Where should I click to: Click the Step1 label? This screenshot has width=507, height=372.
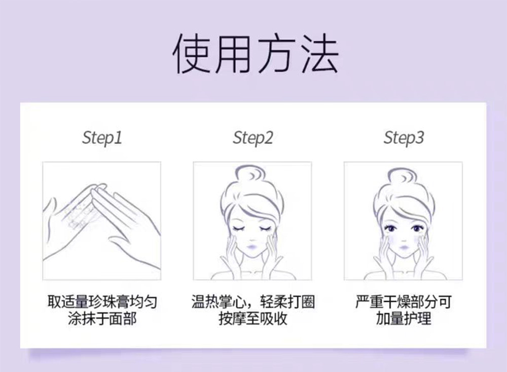coord(102,138)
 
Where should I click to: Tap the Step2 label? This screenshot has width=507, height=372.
coord(253,138)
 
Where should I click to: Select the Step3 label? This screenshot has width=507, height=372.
coord(404,138)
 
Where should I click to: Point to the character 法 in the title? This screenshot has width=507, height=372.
coord(320,53)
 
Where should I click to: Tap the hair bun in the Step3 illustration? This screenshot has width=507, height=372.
coord(403,177)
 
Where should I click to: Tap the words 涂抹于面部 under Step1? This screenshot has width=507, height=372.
coord(102,319)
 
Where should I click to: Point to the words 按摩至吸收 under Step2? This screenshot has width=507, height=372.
coord(253,319)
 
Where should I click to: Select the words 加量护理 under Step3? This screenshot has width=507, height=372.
coord(404,319)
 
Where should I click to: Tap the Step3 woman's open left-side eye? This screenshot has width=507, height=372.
coord(391,228)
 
